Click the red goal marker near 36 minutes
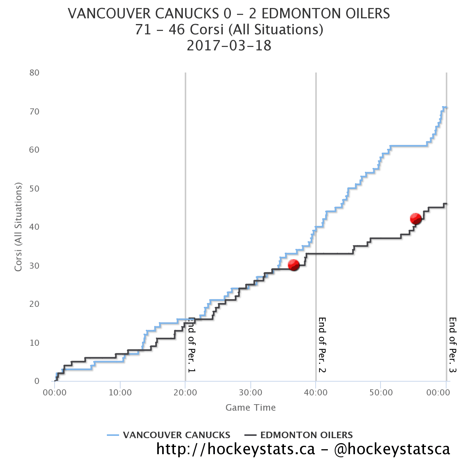pos(294,265)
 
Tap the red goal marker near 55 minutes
pos(415,219)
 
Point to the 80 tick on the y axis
pos(34,73)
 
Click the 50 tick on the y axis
pos(34,189)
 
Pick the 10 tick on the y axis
pos(34,343)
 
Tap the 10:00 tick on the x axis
pos(120,392)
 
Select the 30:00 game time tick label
pos(250,392)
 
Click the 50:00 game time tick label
pos(381,392)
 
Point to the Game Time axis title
pos(250,408)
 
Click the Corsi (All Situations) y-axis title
pos(18,227)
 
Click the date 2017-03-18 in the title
pos(229,46)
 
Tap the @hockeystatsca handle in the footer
pos(392,449)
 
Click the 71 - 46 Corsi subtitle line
pos(229,30)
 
